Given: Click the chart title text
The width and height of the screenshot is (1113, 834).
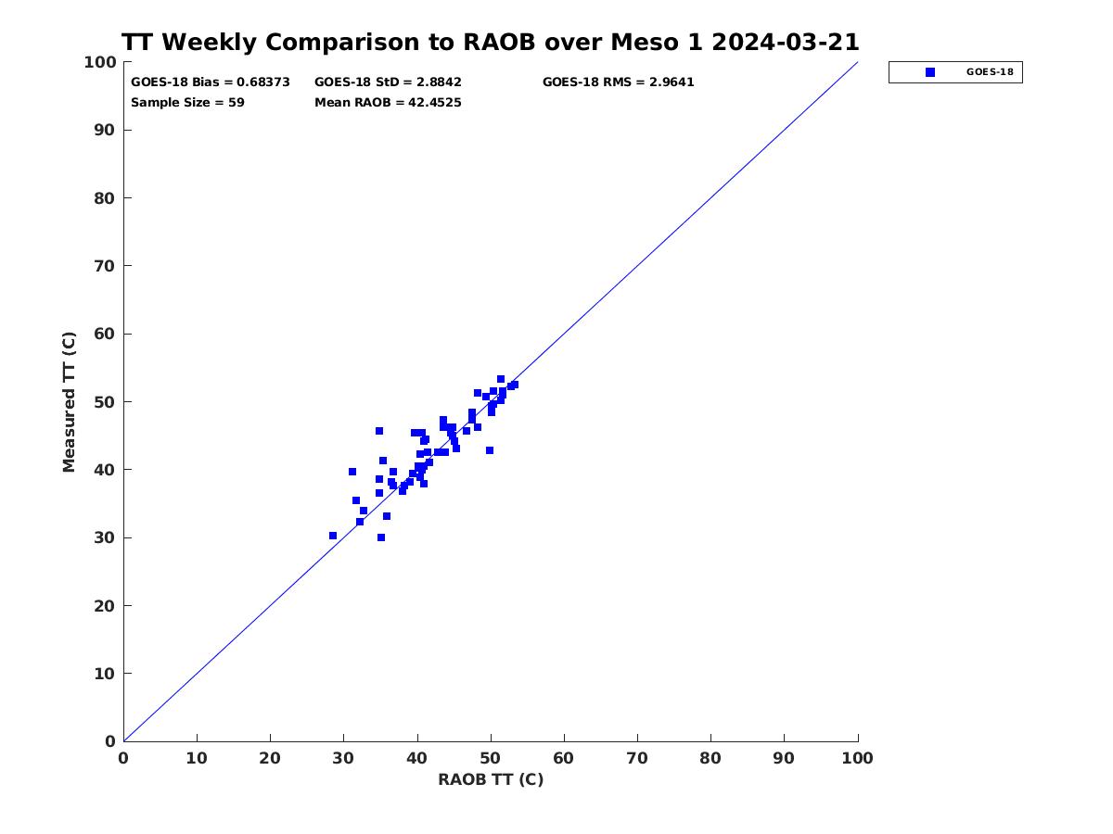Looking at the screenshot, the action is [x=490, y=42].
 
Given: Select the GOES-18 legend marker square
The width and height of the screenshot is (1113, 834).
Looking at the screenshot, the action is [x=930, y=72].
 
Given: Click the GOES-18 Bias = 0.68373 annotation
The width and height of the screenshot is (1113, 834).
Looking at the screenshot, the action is [x=211, y=82].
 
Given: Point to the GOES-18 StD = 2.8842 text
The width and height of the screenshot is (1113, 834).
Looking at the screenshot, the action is [x=388, y=82].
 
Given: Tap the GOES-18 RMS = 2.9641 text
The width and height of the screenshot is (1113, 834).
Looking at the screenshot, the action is [x=618, y=82].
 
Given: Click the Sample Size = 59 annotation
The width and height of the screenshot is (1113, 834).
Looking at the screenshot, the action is [x=187, y=103].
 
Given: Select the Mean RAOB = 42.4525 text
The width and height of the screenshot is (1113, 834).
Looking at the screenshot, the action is [x=388, y=103].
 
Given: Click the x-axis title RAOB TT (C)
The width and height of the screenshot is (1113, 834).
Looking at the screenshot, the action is [x=491, y=779].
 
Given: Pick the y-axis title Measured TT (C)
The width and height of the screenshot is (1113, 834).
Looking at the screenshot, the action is [x=69, y=402].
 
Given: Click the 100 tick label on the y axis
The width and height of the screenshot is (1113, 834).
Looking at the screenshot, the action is [x=100, y=62].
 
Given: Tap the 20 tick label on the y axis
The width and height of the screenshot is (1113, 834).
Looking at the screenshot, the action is [x=104, y=606].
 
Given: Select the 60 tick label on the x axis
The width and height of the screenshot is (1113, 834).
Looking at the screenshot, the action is [x=563, y=759].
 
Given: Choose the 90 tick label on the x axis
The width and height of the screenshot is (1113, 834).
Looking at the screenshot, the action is [x=784, y=759].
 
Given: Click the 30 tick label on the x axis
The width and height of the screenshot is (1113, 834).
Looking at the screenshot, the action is [x=343, y=759].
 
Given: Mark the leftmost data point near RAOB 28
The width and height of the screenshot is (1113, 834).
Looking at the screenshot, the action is [x=333, y=536].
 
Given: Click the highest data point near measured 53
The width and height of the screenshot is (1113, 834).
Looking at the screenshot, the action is [x=501, y=379].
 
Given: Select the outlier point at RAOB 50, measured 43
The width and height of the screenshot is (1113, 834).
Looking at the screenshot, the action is [x=490, y=450].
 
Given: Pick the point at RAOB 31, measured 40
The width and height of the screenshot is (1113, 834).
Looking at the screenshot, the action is [x=352, y=472].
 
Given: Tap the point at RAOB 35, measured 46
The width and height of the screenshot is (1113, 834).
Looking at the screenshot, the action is [x=379, y=431].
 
